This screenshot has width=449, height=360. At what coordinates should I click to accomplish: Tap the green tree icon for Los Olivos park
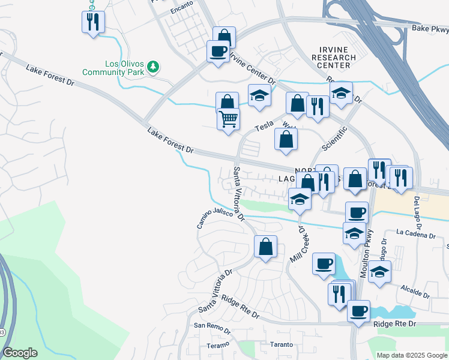click(x=154, y=66)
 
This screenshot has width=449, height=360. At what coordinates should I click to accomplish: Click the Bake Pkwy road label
click(x=430, y=28)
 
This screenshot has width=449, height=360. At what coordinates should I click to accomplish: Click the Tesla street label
click(x=264, y=125)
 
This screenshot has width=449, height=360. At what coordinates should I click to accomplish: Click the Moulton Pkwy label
click(x=368, y=253)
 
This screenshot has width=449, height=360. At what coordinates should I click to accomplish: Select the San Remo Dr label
click(x=211, y=328)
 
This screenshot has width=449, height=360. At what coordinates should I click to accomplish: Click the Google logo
click(x=20, y=353)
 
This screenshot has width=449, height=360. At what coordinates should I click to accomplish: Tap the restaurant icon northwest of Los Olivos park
click(x=93, y=23)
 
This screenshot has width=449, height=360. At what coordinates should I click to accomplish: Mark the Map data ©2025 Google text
click(x=412, y=355)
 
